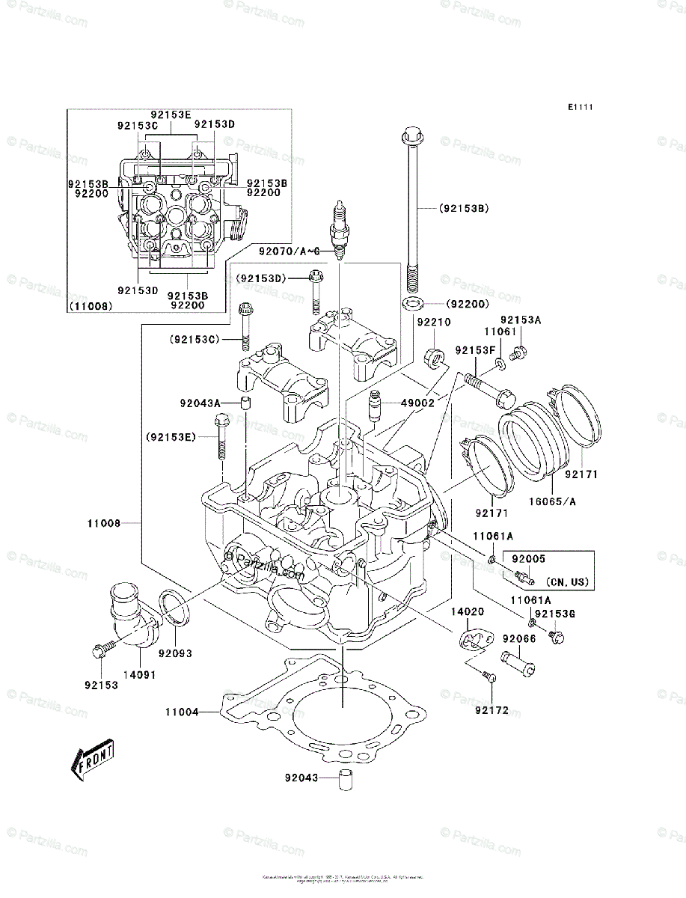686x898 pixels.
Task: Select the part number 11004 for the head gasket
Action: point(182,712)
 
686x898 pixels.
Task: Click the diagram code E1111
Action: point(580,108)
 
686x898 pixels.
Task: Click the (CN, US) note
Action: point(567,581)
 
